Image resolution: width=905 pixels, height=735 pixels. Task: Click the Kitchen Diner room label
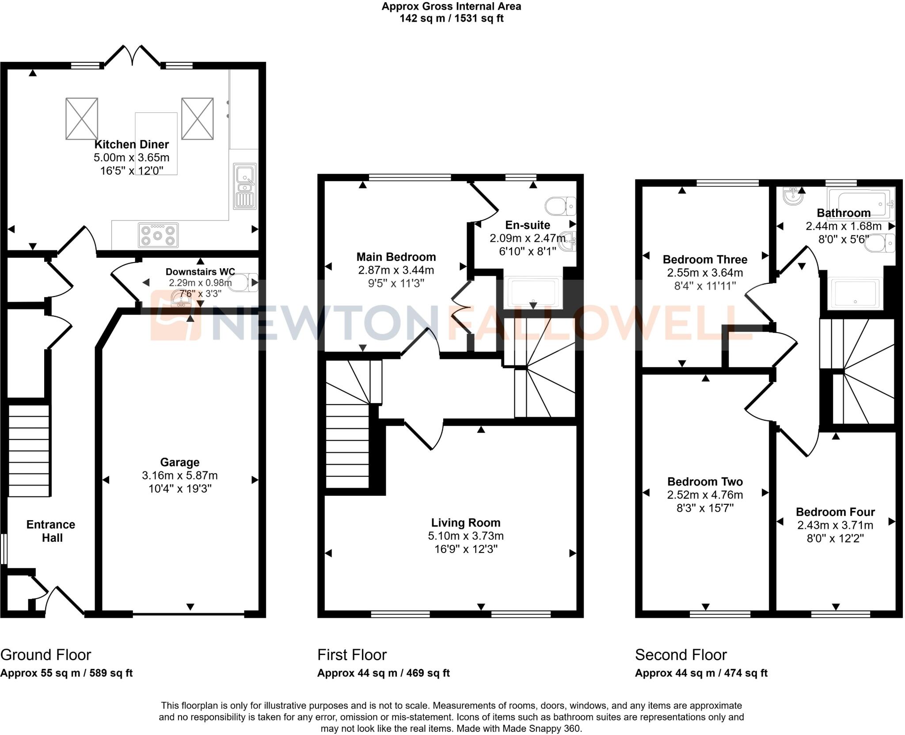131,145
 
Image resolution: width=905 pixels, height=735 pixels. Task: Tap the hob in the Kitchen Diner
158,235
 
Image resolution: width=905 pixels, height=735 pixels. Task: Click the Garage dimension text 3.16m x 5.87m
179,476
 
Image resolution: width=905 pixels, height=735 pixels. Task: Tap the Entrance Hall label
51,531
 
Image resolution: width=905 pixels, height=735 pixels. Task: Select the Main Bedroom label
396,257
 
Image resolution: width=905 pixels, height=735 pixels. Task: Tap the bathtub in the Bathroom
860,204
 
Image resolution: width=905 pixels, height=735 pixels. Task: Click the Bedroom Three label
704,259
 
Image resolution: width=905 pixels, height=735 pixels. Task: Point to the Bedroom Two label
704,481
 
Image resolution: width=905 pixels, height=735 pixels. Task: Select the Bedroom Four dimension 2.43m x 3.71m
835,525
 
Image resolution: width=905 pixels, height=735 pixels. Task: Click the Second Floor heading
681,655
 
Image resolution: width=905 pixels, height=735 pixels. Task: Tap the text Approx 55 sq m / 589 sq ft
66,673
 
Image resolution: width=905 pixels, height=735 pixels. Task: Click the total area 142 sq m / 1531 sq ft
451,19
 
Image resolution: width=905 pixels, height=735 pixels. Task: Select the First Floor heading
352,655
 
